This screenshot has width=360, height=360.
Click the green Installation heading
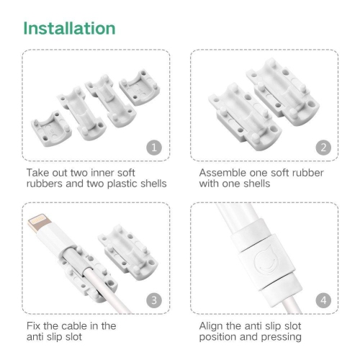tap(69, 28)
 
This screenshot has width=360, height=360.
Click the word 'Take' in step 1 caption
tap(37, 174)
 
